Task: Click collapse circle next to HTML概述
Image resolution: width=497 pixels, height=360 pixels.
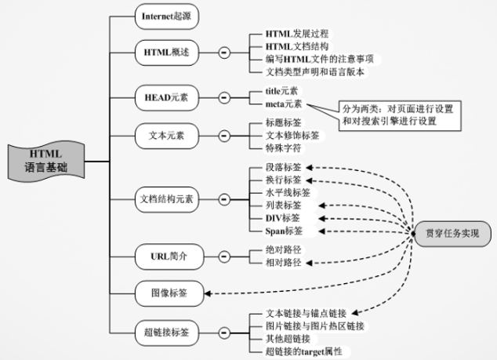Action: point(224,53)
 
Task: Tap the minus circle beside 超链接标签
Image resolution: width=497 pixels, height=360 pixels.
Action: point(224,332)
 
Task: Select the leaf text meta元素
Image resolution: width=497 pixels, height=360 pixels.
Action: point(278,104)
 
